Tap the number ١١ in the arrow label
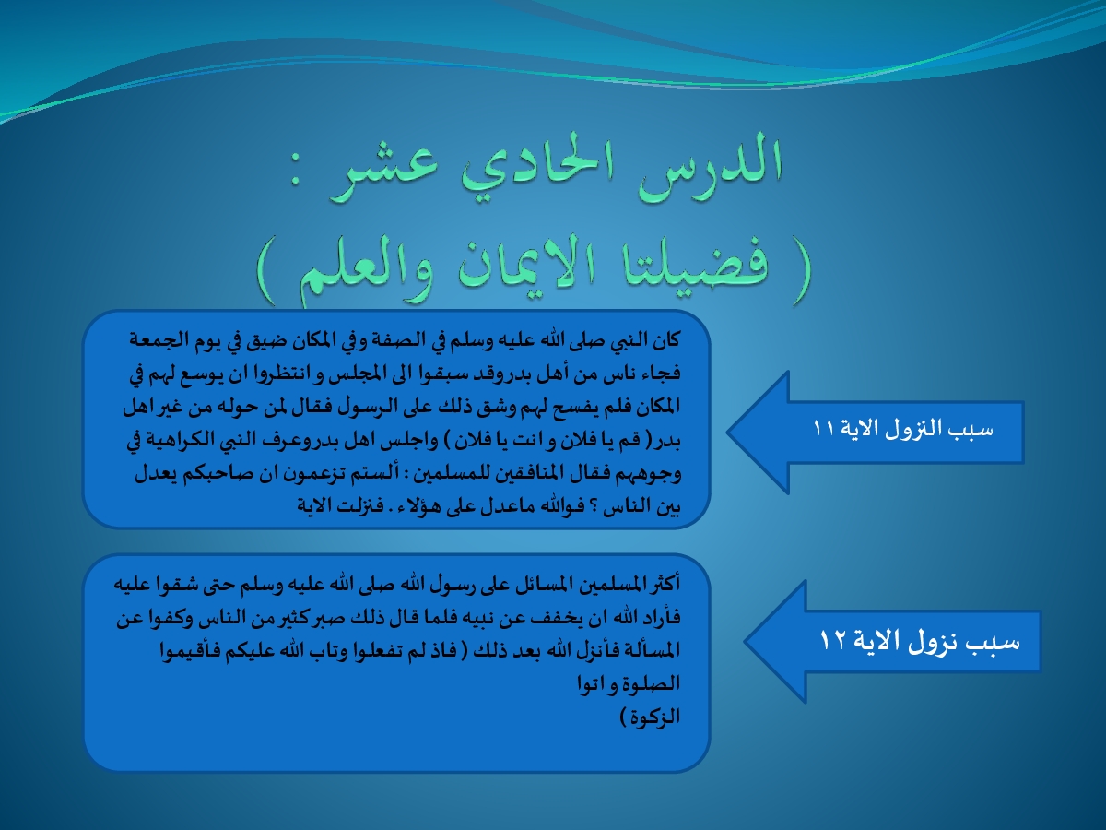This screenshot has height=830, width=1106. [824, 429]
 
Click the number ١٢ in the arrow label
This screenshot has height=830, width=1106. [831, 641]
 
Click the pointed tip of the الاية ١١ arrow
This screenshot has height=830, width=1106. [728, 432]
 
